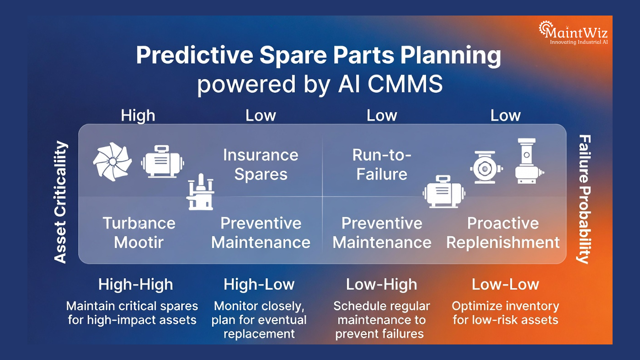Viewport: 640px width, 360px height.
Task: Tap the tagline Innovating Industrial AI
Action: click(578, 42)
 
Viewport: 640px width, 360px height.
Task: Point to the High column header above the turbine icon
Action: click(138, 116)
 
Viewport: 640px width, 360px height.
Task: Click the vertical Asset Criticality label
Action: click(61, 202)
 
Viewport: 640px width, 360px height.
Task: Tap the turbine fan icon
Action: click(112, 162)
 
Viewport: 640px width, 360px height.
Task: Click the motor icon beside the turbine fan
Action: click(163, 162)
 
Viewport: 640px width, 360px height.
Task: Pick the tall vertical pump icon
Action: click(527, 161)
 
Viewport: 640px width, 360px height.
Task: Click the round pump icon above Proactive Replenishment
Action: click(486, 168)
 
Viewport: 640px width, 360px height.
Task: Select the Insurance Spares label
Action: click(261, 164)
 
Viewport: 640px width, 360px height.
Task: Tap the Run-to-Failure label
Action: click(382, 164)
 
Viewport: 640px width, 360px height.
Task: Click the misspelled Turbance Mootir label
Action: click(139, 233)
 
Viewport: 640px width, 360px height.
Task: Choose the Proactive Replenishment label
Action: click(503, 233)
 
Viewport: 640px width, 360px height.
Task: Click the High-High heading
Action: click(135, 285)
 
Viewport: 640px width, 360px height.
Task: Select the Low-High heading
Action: click(381, 285)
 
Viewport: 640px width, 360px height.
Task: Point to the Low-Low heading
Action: click(505, 285)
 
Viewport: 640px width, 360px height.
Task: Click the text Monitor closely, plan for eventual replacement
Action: click(259, 319)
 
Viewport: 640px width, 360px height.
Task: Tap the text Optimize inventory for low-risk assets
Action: click(505, 312)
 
